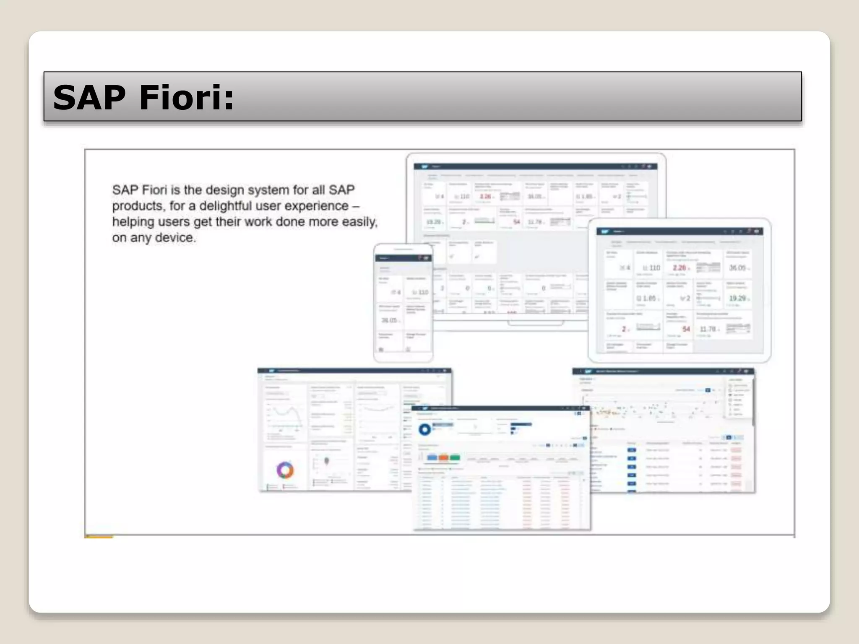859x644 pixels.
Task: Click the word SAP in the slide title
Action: point(89,98)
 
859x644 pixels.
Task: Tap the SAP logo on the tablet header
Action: point(605,231)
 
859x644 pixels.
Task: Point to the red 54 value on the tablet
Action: point(686,329)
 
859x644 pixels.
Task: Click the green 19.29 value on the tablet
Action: point(737,298)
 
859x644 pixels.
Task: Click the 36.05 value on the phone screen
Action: point(389,320)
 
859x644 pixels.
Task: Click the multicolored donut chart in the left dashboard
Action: point(285,470)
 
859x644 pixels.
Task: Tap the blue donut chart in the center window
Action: point(424,429)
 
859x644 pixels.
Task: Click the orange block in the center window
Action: point(443,457)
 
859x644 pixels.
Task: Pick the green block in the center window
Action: point(455,457)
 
